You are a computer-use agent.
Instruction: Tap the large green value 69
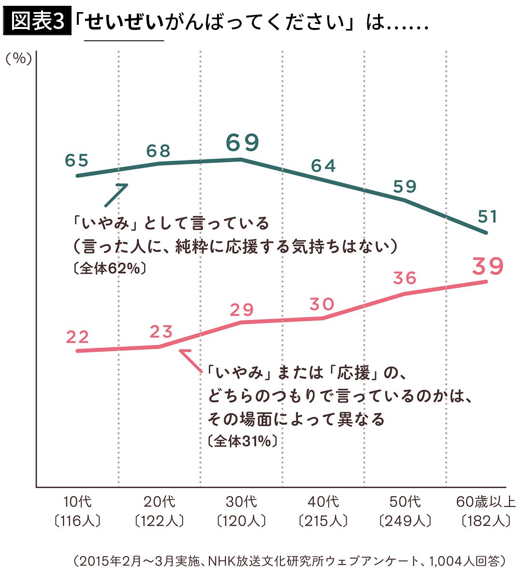tap(243, 142)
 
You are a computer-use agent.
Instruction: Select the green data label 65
tap(77, 161)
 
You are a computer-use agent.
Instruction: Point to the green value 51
tap(487, 217)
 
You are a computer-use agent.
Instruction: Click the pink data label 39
tap(487, 266)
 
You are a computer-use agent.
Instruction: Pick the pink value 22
tap(77, 337)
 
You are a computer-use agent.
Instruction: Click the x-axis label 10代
tap(77, 501)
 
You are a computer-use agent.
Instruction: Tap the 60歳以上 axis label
tap(486, 501)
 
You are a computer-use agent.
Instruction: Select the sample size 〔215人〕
tap(323, 521)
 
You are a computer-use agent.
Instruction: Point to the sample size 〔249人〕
tap(405, 521)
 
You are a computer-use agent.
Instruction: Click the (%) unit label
tap(18, 58)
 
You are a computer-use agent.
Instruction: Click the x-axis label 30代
tap(241, 501)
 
